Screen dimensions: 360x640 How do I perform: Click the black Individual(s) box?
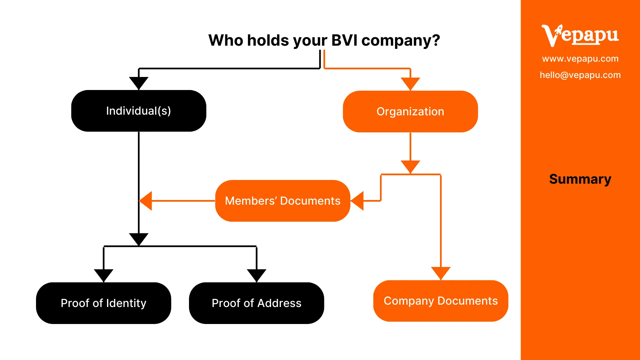point(139,111)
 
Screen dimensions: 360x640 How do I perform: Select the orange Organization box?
point(410,111)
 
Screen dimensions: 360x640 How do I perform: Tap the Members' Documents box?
point(283,201)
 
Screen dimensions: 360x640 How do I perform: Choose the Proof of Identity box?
point(103,303)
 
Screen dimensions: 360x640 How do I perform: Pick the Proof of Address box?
point(256,303)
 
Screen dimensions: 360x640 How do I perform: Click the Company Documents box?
point(441,301)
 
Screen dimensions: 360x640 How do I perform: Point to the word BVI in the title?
point(345,40)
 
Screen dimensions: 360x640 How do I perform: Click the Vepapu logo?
point(580,35)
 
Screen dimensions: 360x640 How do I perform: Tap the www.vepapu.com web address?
point(580,59)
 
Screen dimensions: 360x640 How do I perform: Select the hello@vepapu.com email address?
point(580,75)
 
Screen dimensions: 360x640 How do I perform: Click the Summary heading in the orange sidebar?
point(580,179)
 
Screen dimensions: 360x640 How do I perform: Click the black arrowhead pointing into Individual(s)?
point(139,83)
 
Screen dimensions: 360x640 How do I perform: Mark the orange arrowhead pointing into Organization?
point(410,83)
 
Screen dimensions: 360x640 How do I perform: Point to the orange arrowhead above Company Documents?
point(441,273)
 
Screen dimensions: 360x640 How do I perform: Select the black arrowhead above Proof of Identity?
point(104,275)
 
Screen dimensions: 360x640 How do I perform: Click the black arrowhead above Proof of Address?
point(256,275)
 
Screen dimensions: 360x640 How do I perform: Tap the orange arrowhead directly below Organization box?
point(410,166)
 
